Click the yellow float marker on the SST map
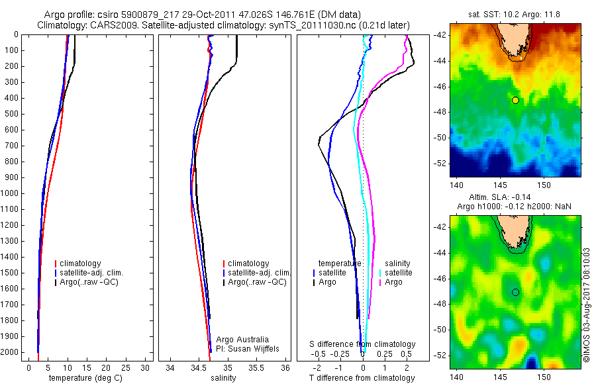click(x=515, y=100)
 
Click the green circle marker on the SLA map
click(x=515, y=292)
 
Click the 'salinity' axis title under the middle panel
click(x=223, y=378)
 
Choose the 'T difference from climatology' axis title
click(x=362, y=378)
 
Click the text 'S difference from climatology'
click(x=363, y=344)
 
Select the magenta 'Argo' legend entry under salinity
click(x=393, y=282)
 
